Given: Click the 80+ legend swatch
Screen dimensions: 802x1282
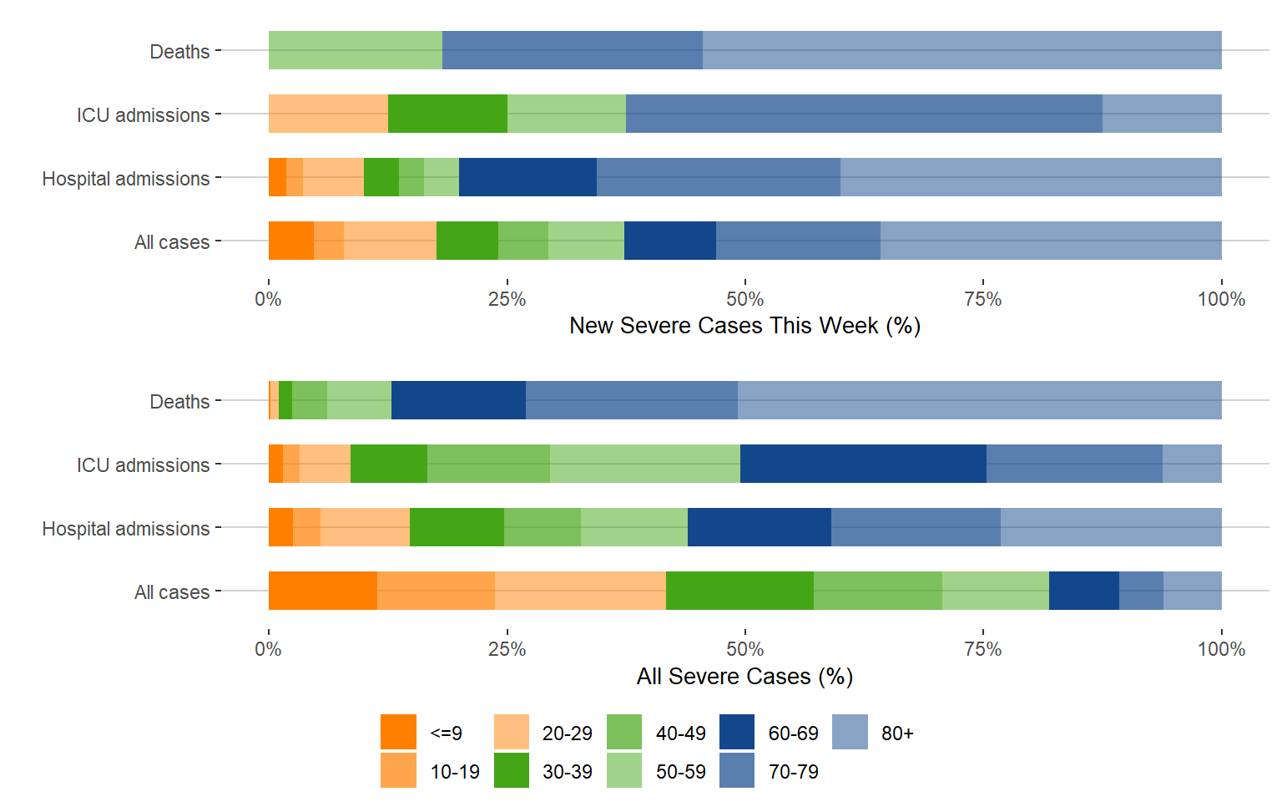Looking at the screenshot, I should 850,732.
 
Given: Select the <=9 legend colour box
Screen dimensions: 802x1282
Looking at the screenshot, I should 398,732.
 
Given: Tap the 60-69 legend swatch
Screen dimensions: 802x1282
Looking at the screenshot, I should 737,732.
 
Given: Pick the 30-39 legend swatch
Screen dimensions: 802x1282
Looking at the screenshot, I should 512,770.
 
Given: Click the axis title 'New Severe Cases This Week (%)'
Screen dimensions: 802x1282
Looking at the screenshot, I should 744,326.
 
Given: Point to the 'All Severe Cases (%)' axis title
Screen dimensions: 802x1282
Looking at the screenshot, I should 744,676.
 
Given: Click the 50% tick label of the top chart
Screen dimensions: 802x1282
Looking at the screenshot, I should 744,299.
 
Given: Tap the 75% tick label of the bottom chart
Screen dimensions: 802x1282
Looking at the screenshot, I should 983,649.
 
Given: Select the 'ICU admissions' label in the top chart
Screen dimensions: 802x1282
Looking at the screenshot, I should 143,114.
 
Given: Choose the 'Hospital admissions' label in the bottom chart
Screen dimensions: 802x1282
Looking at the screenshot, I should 126,529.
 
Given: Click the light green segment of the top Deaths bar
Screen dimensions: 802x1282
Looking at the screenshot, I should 356,50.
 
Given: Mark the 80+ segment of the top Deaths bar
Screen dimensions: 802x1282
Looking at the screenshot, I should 961,50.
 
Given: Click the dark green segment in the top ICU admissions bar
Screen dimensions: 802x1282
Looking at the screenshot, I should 447,114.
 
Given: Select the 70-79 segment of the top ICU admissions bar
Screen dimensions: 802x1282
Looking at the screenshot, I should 864,114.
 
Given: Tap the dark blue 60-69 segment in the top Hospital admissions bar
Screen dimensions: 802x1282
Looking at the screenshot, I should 527,177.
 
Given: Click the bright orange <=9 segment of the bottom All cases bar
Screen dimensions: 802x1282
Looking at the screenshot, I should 322,591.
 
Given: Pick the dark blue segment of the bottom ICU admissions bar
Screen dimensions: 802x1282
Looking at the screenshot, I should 863,464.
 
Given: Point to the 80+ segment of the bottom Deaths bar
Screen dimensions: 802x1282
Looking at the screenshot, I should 979,400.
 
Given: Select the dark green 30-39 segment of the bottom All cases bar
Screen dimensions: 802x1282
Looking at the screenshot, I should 739,591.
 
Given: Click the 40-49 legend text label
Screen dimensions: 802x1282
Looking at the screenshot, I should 680,733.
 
